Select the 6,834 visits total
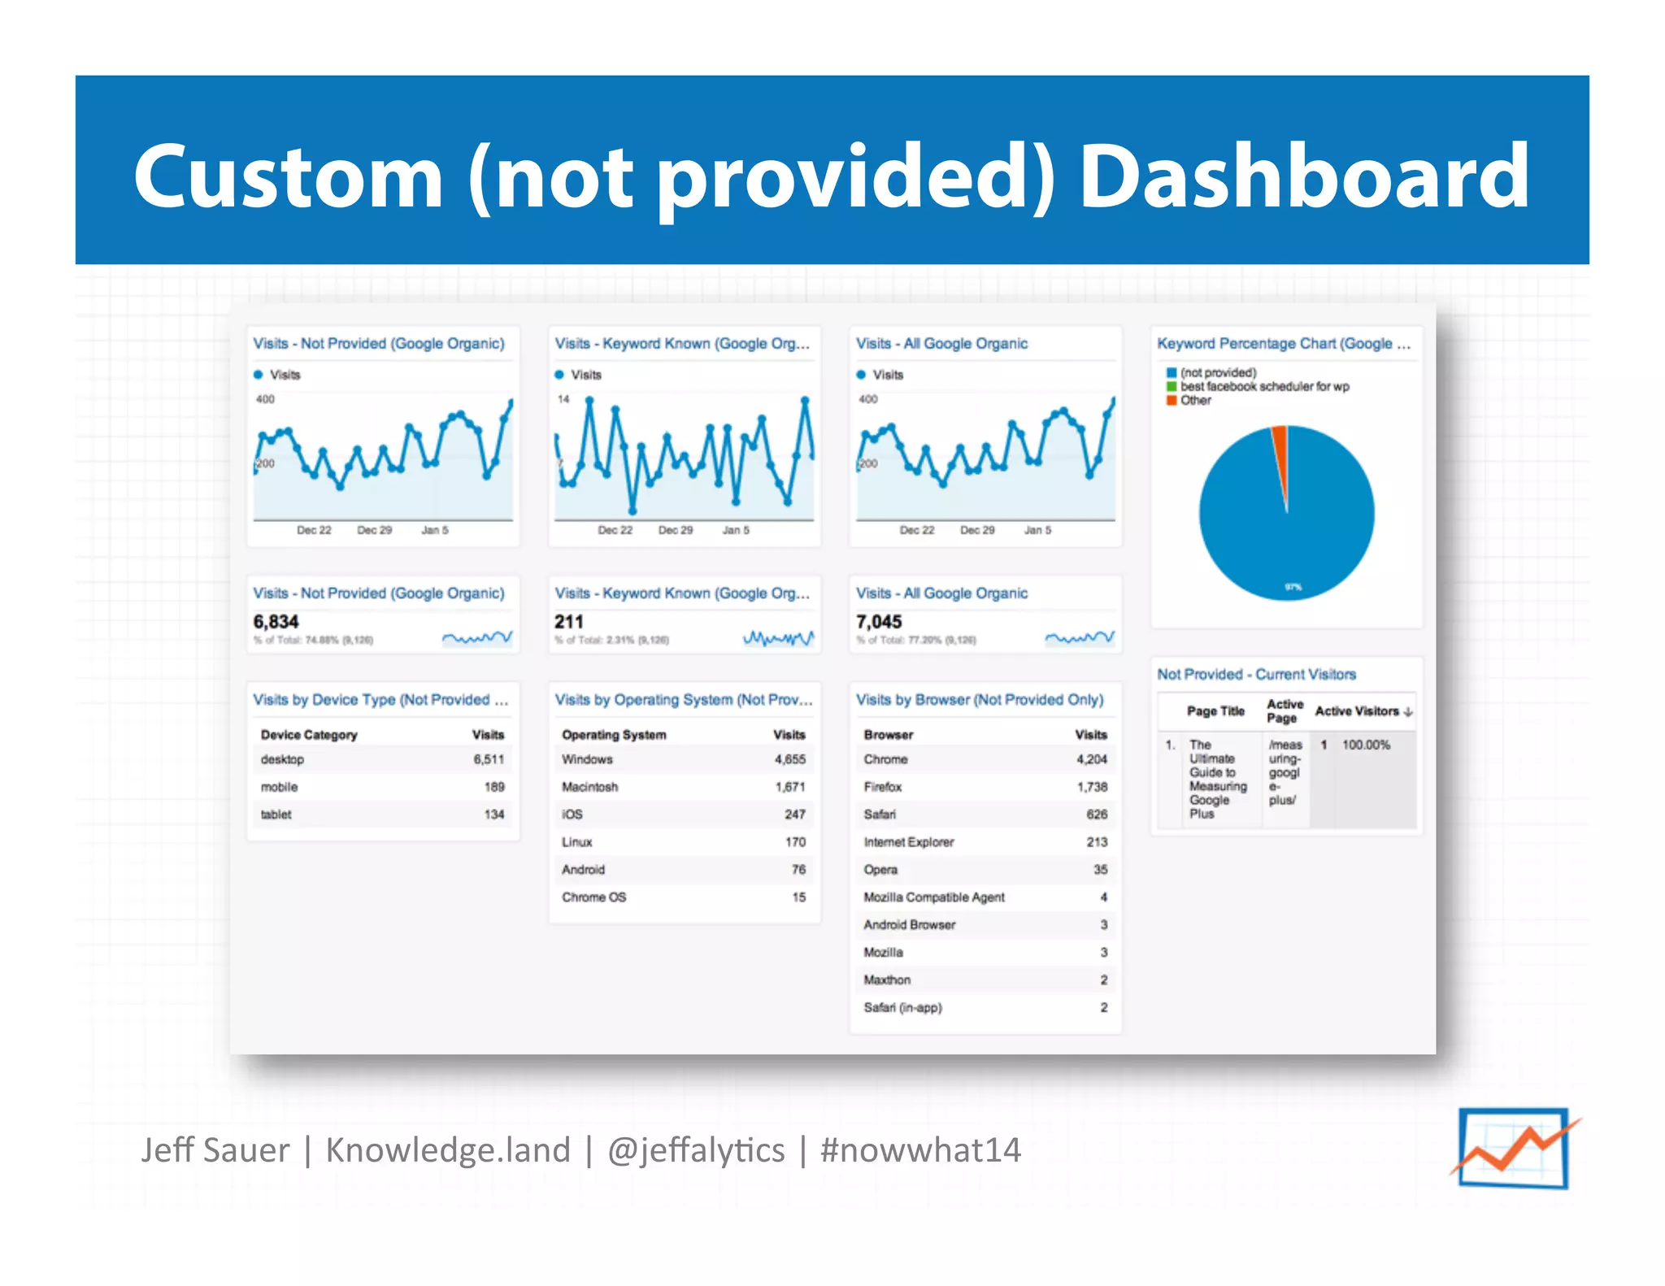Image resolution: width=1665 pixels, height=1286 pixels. (276, 622)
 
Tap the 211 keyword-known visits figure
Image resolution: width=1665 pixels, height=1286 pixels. (569, 622)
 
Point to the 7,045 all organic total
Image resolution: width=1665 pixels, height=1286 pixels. (879, 622)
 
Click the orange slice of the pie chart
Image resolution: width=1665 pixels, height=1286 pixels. (1280, 455)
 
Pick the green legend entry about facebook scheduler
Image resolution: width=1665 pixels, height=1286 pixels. (1263, 387)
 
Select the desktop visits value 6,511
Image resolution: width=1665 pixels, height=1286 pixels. (489, 759)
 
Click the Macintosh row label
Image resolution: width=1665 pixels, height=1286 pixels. (589, 787)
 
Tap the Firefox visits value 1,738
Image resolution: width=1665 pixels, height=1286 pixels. (1092, 787)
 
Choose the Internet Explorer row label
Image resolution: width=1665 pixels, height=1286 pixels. (908, 842)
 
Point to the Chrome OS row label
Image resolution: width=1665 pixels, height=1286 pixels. (593, 897)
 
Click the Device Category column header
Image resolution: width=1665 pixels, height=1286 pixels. (309, 735)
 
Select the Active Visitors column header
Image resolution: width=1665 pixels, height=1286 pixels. (1357, 711)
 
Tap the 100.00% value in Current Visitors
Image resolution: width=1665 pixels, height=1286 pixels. (1366, 745)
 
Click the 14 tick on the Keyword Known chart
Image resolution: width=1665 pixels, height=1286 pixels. (563, 399)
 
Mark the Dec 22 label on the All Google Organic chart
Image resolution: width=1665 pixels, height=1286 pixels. (916, 530)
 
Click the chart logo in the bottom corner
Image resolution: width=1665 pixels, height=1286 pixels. (1513, 1148)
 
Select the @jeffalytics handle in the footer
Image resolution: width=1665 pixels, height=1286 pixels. (696, 1150)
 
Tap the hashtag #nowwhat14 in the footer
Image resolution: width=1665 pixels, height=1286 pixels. (920, 1150)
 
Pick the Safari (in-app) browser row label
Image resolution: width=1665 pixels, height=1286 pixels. (902, 1008)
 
